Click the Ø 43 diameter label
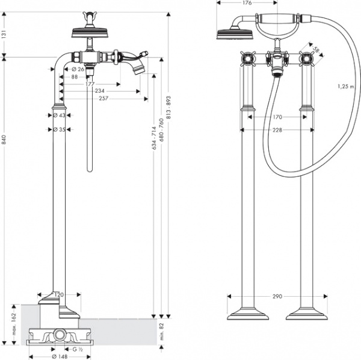coord(59,114)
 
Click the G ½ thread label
coord(77,349)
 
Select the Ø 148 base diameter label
coord(60,356)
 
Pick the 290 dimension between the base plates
coord(277,296)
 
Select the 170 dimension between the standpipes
coord(277,117)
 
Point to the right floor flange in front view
coord(306,314)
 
